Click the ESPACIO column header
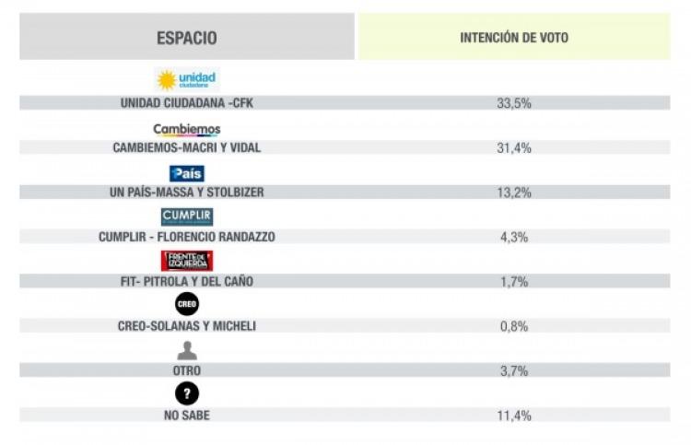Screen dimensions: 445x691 186,38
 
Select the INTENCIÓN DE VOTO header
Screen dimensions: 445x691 513,38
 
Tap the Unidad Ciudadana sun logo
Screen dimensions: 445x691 187,80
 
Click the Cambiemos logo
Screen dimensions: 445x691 187,130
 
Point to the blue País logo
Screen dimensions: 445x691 187,173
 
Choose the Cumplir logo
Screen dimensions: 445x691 187,217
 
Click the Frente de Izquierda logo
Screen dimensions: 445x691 187,261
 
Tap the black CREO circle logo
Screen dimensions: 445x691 187,304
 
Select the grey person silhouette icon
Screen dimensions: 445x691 187,350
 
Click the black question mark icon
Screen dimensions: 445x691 187,394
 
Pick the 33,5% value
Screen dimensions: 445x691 513,103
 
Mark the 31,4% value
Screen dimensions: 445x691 513,147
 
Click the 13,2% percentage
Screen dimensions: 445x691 513,192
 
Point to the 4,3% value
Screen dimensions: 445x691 513,237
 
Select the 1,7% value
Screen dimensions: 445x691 513,282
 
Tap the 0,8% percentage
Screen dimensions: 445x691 513,326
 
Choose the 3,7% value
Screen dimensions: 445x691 513,370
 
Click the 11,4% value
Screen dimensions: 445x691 513,416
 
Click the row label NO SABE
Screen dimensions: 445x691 187,416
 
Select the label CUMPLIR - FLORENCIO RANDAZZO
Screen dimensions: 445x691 187,237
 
